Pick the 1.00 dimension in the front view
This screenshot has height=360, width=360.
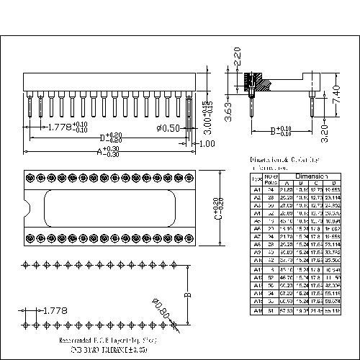207,143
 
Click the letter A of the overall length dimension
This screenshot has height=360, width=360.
99,151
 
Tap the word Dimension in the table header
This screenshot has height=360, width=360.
312,176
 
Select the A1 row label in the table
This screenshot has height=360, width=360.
256,189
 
